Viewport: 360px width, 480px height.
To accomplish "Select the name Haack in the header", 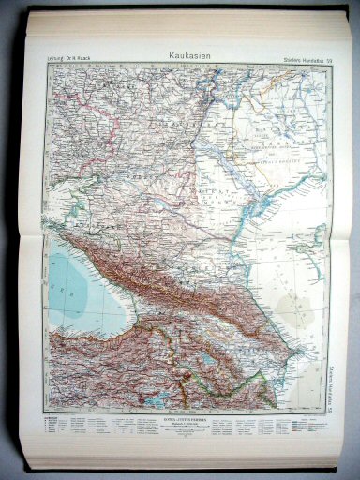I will click(x=86, y=63).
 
